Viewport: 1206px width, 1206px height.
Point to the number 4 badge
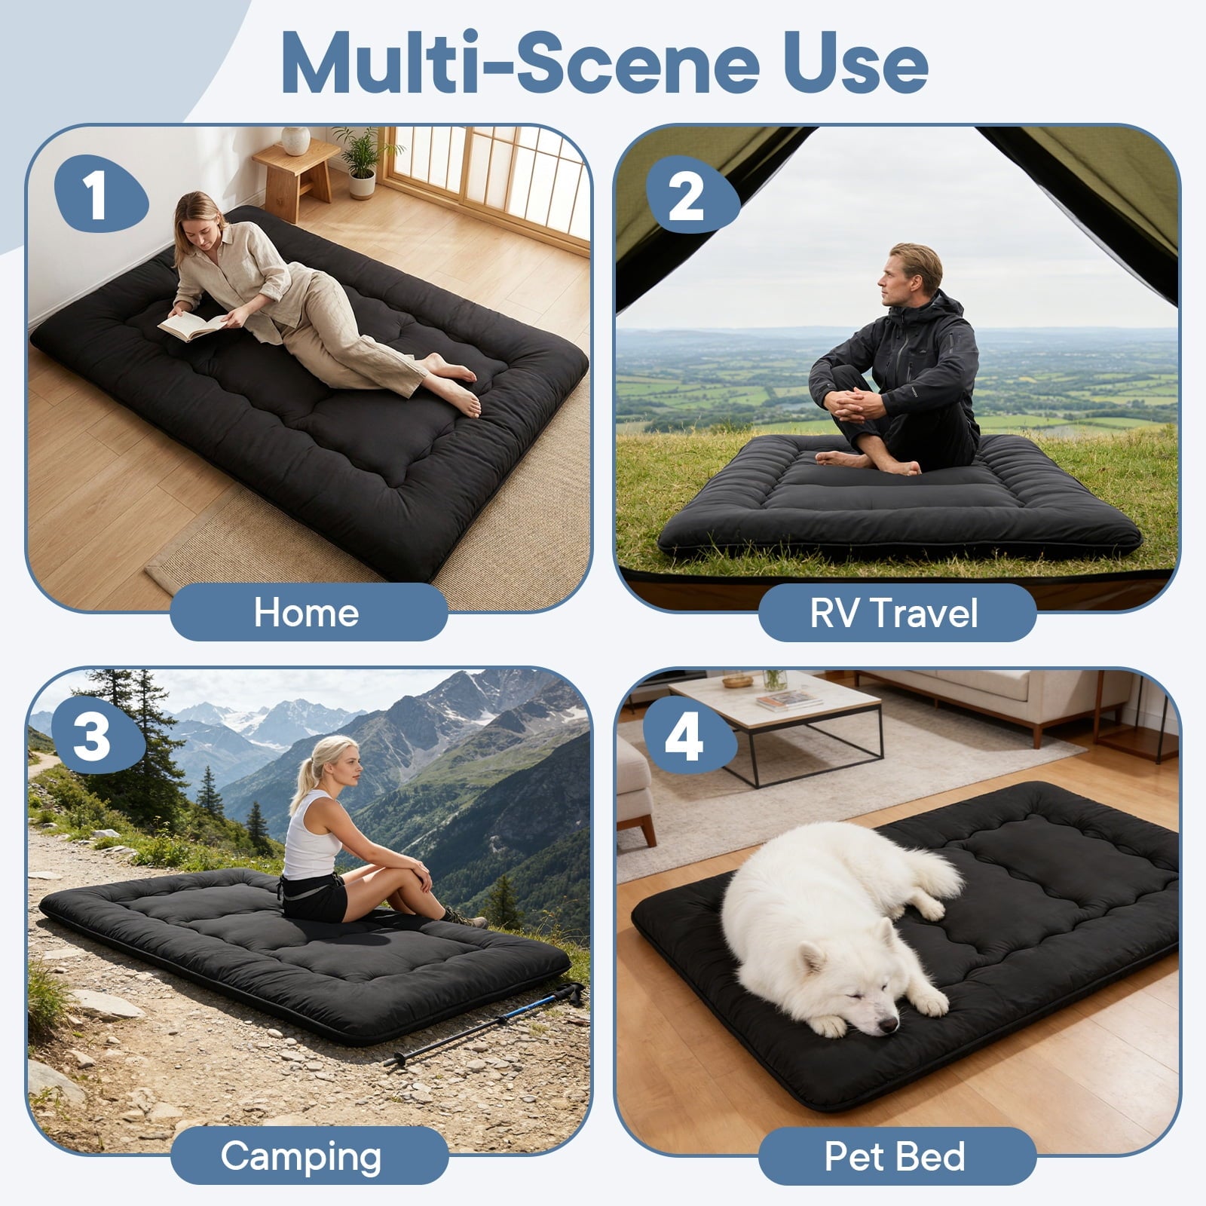[688, 737]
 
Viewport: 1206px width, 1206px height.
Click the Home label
[307, 612]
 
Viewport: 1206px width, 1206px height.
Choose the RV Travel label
[895, 612]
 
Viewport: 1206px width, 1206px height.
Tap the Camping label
[301, 1155]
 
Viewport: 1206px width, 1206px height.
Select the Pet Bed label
[895, 1155]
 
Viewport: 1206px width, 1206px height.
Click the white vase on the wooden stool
[295, 140]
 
